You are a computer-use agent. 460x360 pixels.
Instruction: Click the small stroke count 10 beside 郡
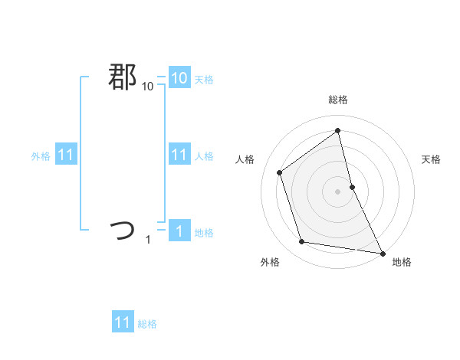(147, 87)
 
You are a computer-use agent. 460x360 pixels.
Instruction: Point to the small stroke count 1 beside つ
(148, 240)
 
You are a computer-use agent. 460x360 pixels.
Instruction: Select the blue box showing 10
(179, 78)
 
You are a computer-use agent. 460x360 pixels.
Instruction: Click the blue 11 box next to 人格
(179, 155)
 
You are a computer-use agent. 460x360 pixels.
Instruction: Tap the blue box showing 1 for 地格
(179, 231)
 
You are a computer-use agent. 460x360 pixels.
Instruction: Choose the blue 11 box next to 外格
(65, 155)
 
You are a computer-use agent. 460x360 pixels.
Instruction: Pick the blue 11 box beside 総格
(123, 322)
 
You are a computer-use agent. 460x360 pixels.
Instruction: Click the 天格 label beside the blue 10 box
(204, 80)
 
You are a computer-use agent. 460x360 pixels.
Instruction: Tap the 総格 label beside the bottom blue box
(147, 324)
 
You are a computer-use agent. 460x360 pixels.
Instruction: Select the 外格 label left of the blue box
(41, 156)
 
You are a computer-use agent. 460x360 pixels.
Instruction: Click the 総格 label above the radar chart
(338, 100)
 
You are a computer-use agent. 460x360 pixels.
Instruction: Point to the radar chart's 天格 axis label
(432, 159)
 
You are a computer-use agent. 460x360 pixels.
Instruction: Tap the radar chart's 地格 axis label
(402, 262)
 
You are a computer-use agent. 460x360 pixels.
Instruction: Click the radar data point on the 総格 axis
(338, 130)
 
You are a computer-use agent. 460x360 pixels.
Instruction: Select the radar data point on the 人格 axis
(280, 172)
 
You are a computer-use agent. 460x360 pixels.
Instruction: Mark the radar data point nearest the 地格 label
(381, 252)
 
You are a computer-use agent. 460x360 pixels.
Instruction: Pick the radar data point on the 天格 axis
(352, 187)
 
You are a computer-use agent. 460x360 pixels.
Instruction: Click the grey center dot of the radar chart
(338, 191)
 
